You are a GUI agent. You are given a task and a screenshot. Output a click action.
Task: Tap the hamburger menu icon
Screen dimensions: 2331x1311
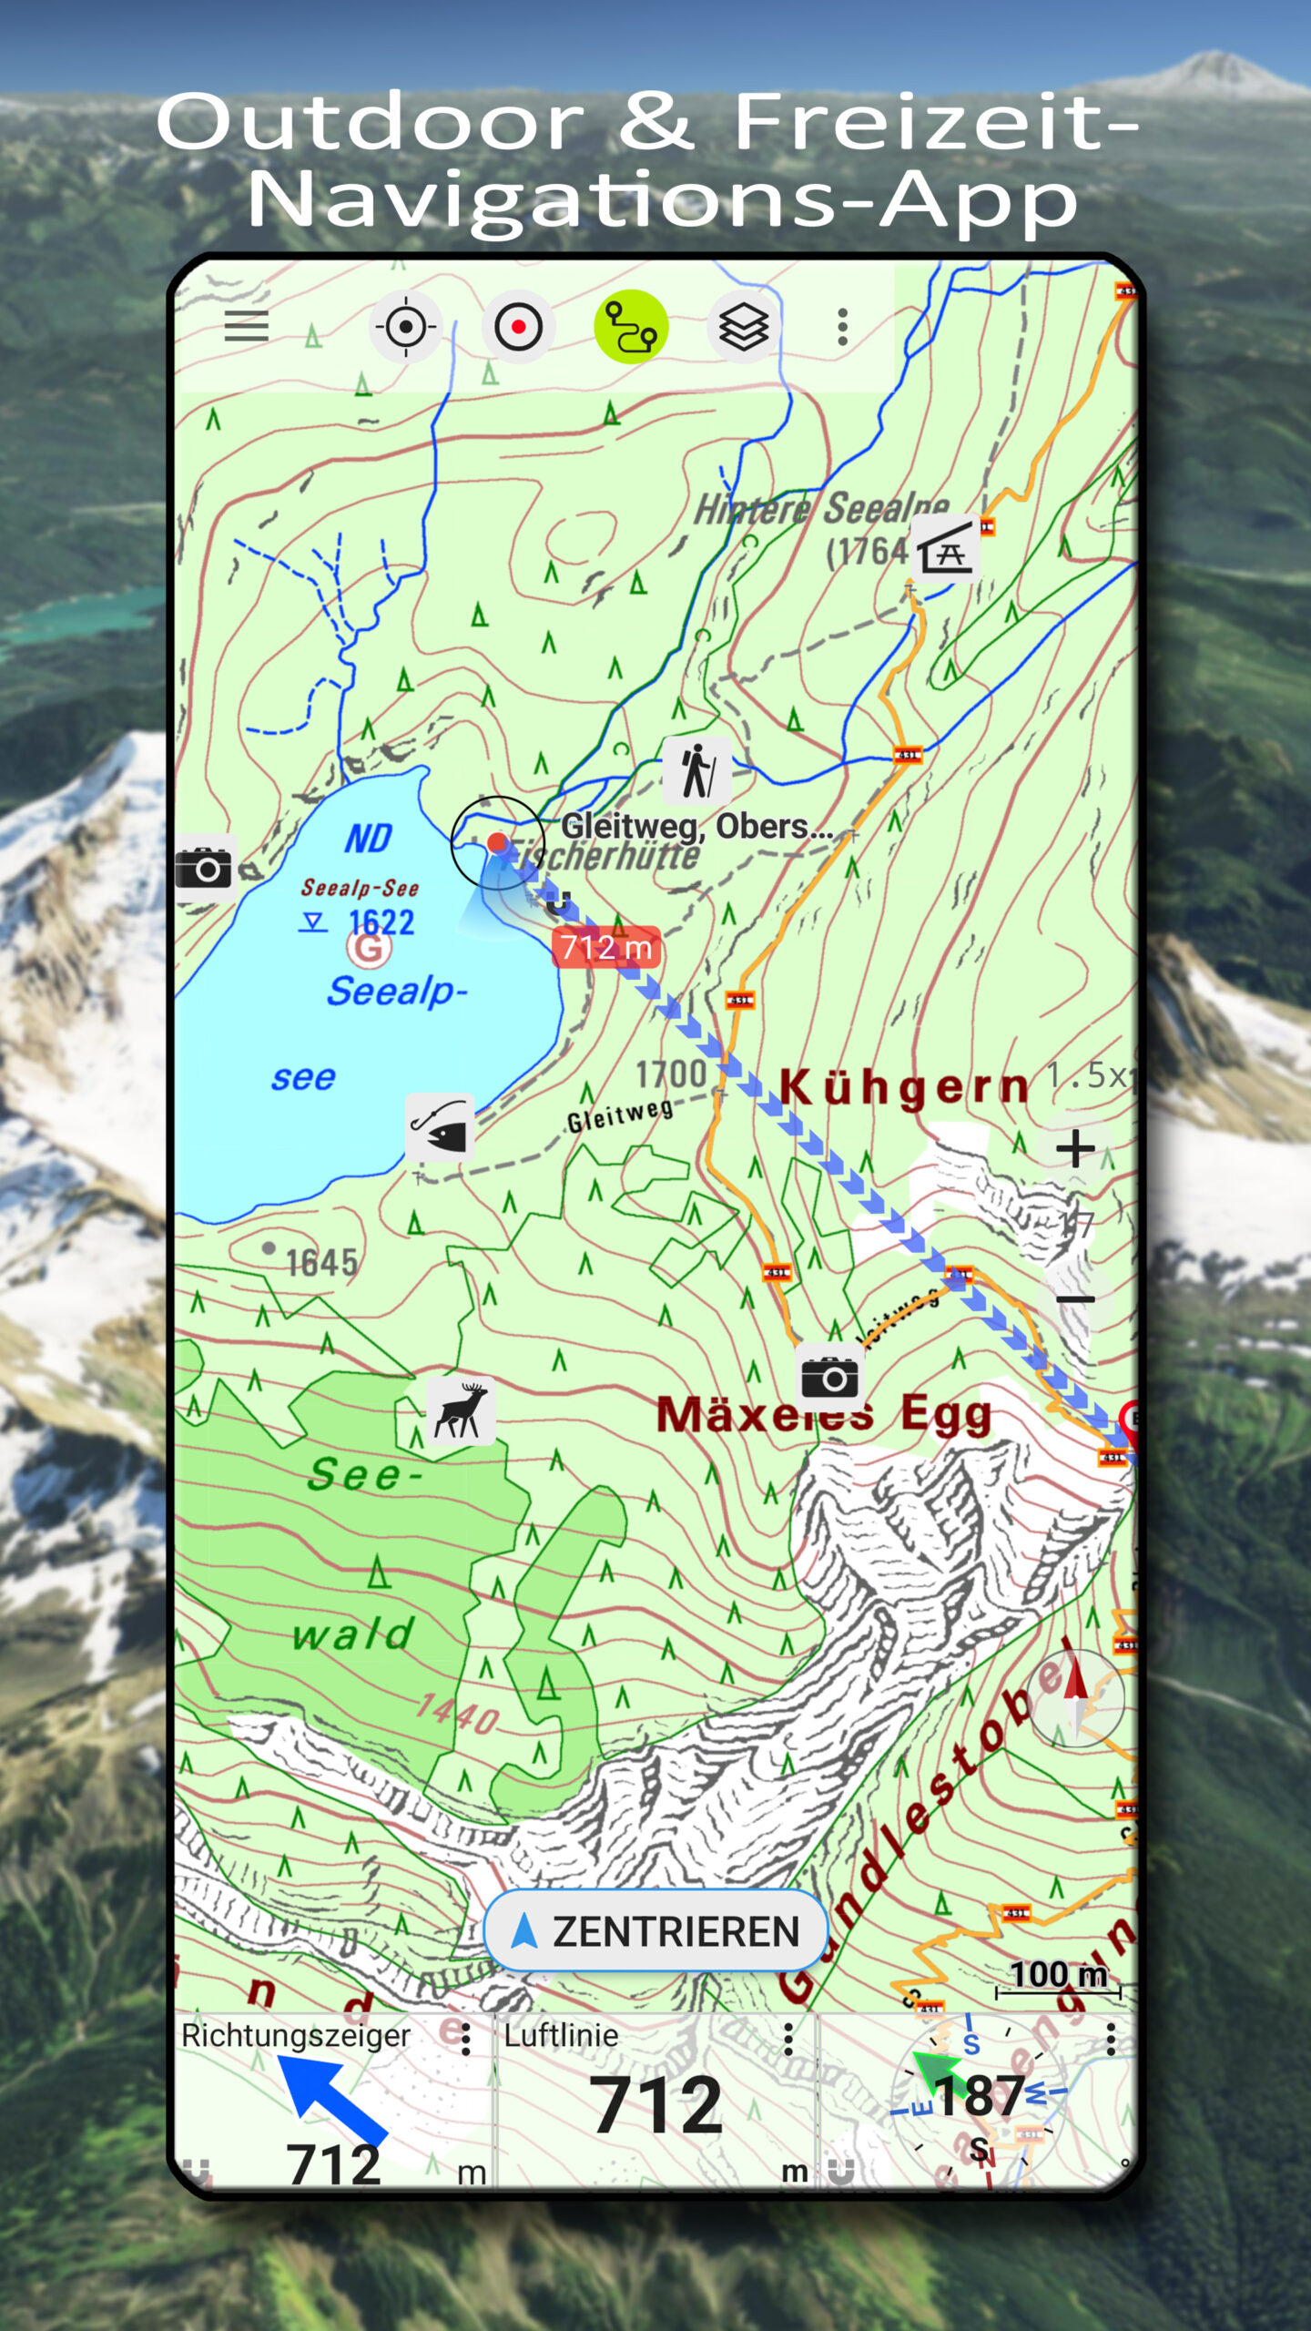(x=246, y=326)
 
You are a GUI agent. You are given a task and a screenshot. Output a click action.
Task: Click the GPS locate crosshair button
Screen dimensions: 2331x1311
(x=406, y=327)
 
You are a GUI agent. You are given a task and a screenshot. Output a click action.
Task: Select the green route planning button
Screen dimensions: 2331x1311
(x=631, y=327)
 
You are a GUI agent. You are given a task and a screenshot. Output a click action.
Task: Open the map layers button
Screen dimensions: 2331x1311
(x=744, y=327)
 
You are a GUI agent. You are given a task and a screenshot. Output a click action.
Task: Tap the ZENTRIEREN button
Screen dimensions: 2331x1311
(x=655, y=1931)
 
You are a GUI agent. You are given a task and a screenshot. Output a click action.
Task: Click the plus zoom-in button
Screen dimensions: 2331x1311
(x=1075, y=1148)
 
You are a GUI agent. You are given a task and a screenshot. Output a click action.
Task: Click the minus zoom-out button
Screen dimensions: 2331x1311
(x=1075, y=1299)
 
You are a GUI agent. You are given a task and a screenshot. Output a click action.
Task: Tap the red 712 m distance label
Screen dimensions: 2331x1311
(x=606, y=948)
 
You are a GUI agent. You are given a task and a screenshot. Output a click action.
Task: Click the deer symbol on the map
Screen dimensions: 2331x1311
(x=462, y=1410)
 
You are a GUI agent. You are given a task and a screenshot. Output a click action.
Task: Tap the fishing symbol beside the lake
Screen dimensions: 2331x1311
(x=440, y=1127)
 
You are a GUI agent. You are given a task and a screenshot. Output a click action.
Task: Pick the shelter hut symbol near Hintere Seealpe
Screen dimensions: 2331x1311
(x=946, y=547)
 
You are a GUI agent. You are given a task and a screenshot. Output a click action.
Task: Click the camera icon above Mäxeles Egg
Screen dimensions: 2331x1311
(x=829, y=1376)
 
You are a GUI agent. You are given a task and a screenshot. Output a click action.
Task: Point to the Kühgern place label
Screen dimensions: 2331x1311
(x=904, y=1086)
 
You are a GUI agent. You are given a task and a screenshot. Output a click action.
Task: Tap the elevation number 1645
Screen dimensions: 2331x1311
(x=321, y=1263)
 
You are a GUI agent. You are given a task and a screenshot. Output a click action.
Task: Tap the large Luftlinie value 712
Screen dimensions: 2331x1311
(x=655, y=2106)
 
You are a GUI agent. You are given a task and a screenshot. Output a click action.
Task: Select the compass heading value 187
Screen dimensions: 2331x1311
(x=980, y=2097)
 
